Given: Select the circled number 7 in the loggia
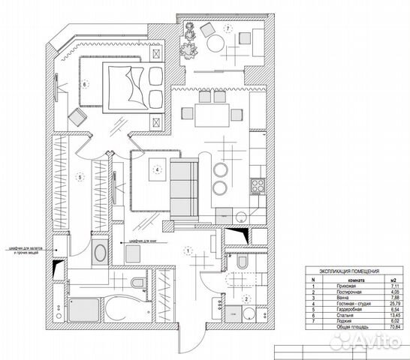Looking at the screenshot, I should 226,28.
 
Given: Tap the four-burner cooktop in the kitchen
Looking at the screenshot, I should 257,185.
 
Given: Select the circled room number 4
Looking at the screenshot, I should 157,169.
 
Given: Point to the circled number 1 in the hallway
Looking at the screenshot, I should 186,251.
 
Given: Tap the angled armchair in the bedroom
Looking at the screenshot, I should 77,118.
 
